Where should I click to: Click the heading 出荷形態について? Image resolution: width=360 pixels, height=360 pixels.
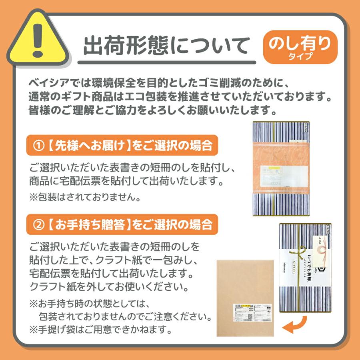click(166, 46)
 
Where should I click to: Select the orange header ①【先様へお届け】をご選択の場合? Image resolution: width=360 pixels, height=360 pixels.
click(122, 145)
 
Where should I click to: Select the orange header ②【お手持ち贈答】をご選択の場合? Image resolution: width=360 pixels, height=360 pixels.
click(122, 224)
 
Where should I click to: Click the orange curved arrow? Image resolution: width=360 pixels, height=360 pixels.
click(296, 324)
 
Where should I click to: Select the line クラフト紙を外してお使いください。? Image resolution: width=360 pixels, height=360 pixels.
click(108, 286)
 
